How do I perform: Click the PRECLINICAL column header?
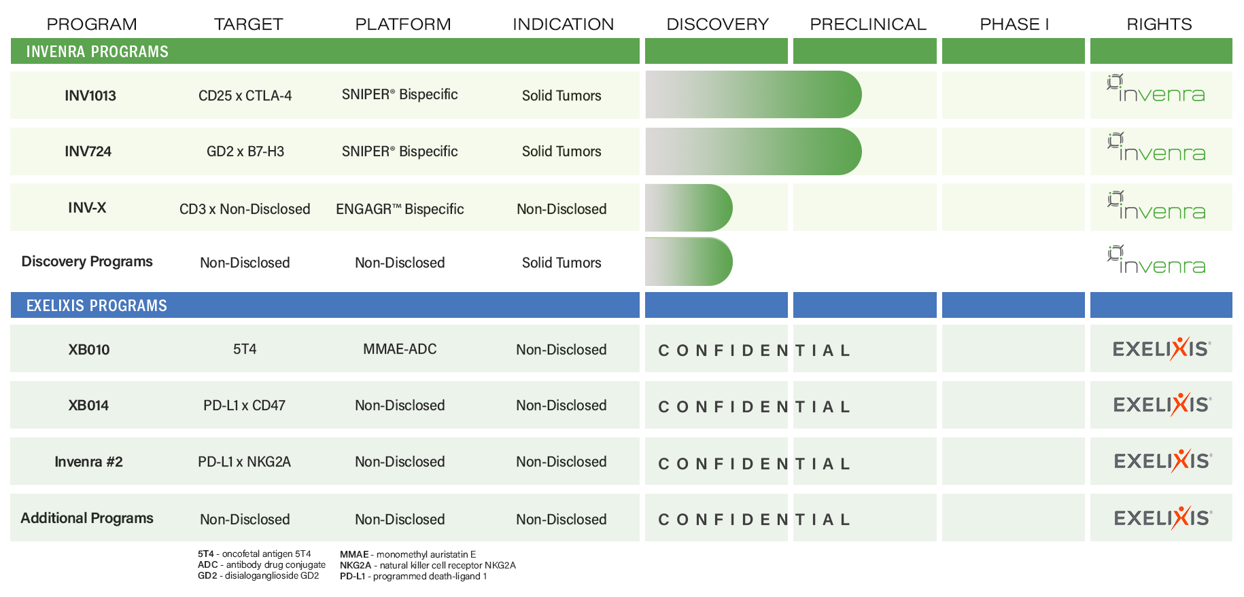(x=868, y=24)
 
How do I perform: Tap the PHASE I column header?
(x=1014, y=24)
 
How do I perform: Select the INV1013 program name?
(x=90, y=96)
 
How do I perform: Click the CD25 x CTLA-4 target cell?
(x=245, y=96)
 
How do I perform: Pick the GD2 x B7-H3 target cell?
(x=245, y=151)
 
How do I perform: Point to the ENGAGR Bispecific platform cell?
(x=400, y=209)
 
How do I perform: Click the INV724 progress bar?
(x=753, y=151)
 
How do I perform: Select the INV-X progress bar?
(x=689, y=208)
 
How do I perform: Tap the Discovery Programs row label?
(x=87, y=262)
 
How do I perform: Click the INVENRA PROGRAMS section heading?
(x=97, y=52)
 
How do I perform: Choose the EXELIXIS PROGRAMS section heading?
(x=97, y=306)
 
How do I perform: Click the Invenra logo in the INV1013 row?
(x=1156, y=88)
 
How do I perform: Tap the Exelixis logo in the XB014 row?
(x=1162, y=405)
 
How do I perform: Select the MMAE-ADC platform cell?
(x=400, y=349)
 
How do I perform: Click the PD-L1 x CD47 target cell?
(x=244, y=405)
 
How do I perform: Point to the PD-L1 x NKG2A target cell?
(x=244, y=462)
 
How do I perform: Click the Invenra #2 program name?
(x=88, y=462)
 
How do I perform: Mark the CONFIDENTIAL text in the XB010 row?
(x=754, y=350)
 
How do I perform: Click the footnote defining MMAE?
(x=408, y=554)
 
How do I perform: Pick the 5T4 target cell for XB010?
(x=245, y=349)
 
